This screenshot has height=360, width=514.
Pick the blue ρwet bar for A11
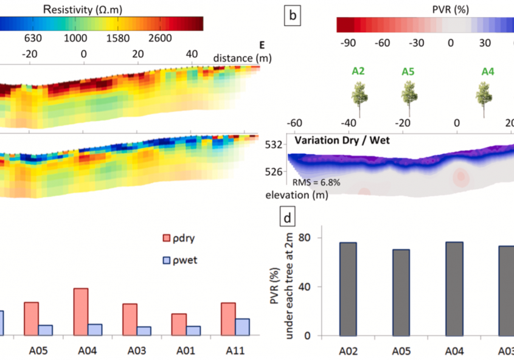tap(242, 327)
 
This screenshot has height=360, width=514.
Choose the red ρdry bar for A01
tap(179, 324)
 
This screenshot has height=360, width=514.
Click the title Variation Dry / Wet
tap(342, 140)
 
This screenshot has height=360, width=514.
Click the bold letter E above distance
tap(262, 45)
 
